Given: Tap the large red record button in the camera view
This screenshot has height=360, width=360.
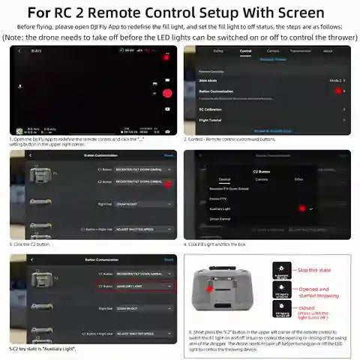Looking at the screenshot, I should coord(166,93).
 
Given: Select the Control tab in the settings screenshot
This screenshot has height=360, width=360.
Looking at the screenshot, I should coord(245,51).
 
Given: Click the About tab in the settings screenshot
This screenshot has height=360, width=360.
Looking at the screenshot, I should coord(327,51).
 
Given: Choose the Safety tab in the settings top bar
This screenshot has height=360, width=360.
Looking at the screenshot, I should coord(218,51).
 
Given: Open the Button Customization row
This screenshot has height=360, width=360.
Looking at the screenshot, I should coord(266,91).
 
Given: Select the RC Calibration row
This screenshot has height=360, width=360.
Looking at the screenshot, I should coord(266,109).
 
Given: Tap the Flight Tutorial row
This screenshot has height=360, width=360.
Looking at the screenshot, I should coord(266,119).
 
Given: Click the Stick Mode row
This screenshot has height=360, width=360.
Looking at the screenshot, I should coord(266,79).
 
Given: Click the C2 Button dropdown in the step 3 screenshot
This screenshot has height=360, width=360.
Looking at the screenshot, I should coord(142,181).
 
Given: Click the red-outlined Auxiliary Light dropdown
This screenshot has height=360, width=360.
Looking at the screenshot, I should coord(142,286).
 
